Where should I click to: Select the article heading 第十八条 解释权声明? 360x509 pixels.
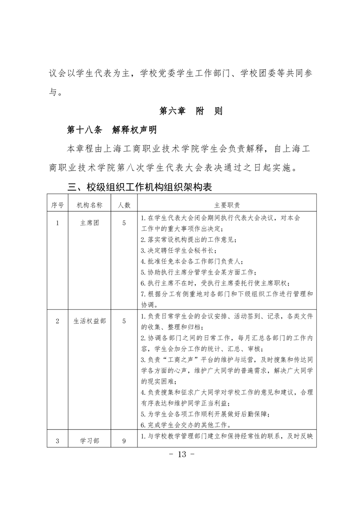pos(112,130)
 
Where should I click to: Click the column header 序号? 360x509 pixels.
pos(57,205)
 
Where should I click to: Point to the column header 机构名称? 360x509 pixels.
pos(89,205)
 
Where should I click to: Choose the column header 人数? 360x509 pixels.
pos(124,205)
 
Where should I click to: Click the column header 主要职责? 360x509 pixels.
pos(227,205)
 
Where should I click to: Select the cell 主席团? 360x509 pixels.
pos(89,223)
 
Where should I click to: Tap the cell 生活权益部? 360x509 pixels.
pos(89,321)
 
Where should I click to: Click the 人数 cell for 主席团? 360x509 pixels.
pos(124,223)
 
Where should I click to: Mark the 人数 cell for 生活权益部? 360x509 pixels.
pos(124,321)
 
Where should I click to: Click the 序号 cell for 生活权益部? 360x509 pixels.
pos(57,321)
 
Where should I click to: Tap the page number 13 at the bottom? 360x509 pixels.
pos(180,455)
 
